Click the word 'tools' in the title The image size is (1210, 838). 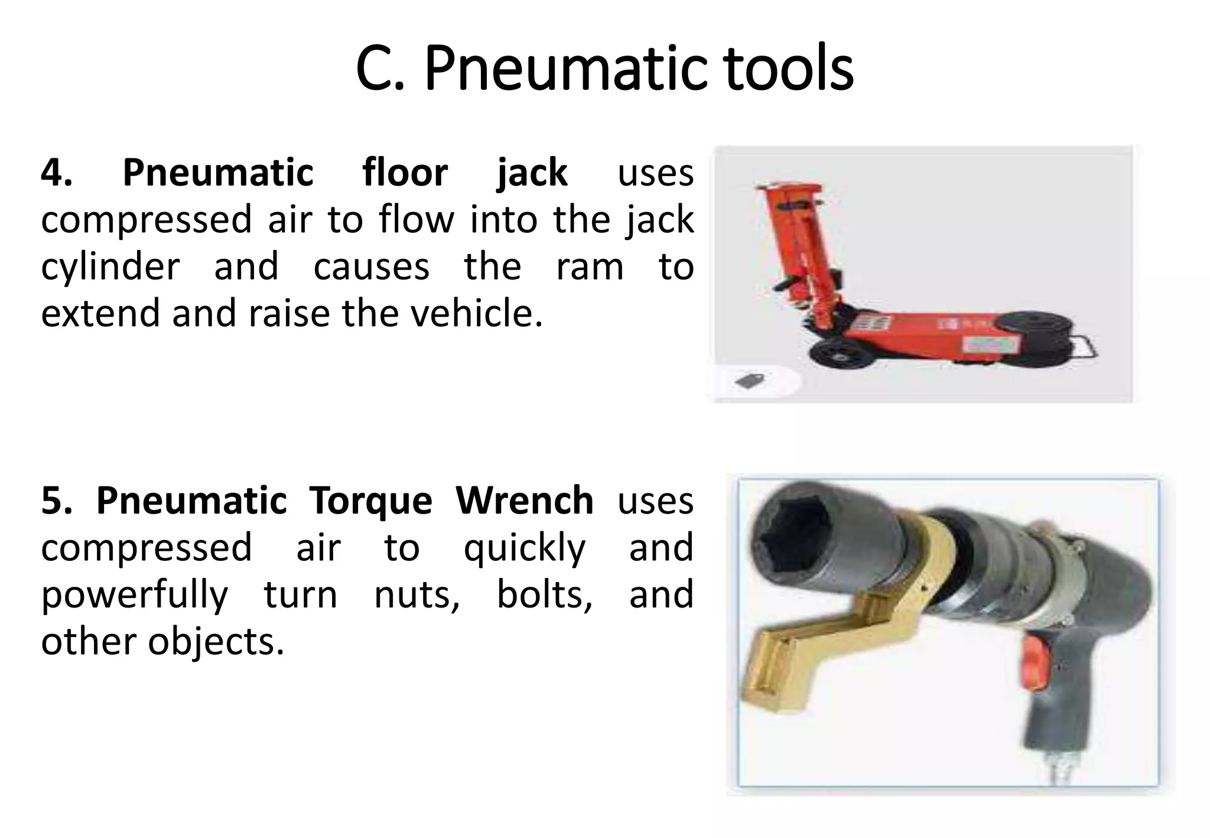coord(788,70)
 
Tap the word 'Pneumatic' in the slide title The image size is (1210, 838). coord(564,70)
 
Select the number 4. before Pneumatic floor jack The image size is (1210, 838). coord(57,173)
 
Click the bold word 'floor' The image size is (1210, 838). coord(405,173)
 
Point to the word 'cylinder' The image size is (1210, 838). coord(110,267)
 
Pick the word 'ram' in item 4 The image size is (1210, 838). coord(589,267)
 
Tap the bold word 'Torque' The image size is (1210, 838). coord(370,501)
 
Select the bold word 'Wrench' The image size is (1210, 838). coord(524,501)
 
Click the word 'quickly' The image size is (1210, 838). coord(524,548)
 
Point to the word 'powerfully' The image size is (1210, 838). coord(134,595)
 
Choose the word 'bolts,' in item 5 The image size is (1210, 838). coord(544,595)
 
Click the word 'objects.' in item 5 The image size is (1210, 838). coord(216,642)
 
